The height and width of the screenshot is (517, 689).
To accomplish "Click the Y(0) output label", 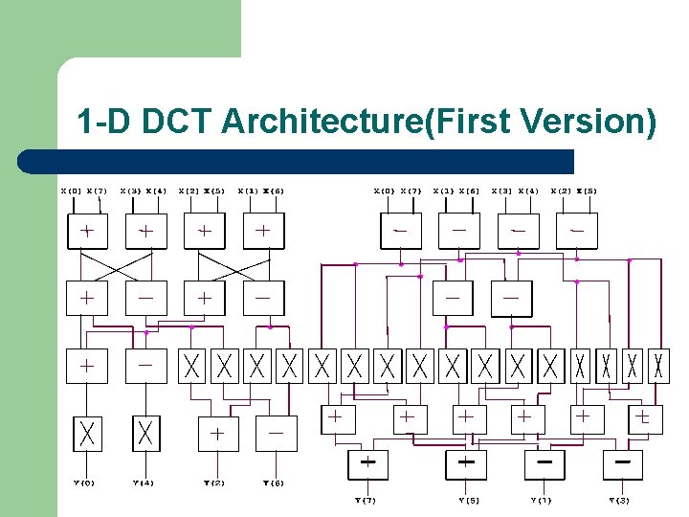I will pos(86,483).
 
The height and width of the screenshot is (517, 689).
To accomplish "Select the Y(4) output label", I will pos(145,483).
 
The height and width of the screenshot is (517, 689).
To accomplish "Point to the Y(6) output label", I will pos(276,483).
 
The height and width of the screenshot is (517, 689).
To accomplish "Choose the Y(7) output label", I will pos(367,500).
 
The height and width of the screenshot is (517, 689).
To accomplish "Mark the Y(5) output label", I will pos(467,500).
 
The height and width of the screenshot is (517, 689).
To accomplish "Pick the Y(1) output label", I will pos(544,500).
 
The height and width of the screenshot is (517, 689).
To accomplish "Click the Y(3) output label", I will pos(621,500).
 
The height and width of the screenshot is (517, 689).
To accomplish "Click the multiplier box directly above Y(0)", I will pos(87,434).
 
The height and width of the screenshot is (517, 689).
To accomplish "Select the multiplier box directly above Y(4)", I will pos(145,434).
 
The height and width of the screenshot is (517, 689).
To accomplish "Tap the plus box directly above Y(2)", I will pos(218,433).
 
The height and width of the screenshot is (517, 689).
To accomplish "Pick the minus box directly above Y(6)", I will pos(277,433).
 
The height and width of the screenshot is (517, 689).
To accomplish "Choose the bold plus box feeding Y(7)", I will pos(367,463).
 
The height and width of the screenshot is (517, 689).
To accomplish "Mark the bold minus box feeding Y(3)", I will pos(622,463).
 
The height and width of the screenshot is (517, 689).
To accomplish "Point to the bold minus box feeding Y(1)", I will pos(545,463).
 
